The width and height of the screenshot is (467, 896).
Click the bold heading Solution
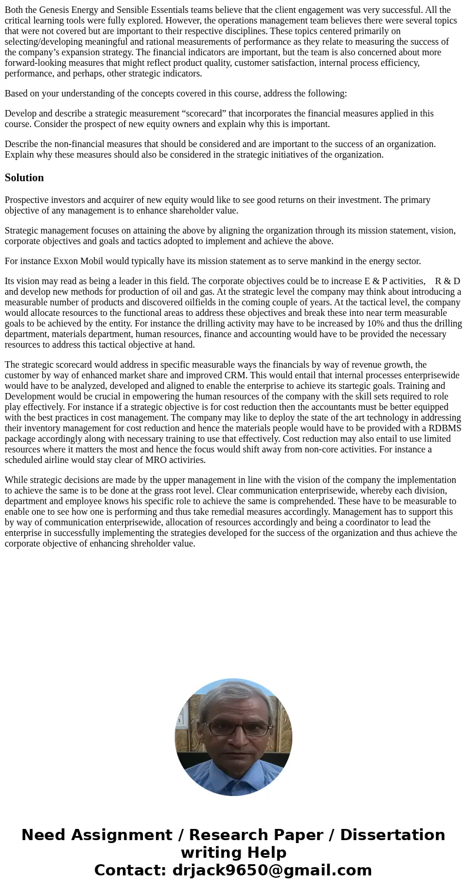pyautogui.click(x=24, y=178)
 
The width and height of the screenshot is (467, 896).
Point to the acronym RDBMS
pyautogui.click(x=444, y=428)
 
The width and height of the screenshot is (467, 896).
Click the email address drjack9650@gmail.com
pyautogui.click(x=272, y=870)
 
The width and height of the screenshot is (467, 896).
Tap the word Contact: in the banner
pyautogui.click(x=131, y=870)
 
